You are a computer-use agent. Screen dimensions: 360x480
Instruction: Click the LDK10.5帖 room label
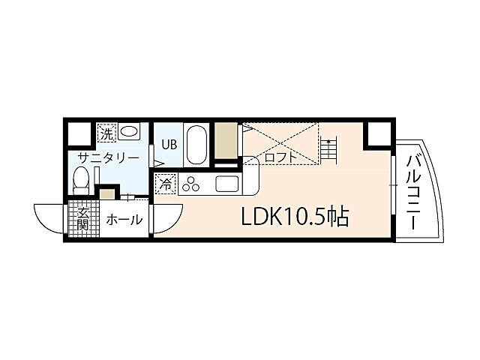point(293,217)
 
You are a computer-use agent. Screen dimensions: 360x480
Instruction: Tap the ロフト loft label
point(279,158)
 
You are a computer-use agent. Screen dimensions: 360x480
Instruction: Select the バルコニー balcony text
point(413,186)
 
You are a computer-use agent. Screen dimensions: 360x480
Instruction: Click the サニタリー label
point(109,158)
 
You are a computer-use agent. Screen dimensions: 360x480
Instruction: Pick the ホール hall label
point(124,220)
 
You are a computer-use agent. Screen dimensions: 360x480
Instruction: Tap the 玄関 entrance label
point(82,218)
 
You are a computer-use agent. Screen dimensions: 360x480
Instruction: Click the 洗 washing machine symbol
point(106,133)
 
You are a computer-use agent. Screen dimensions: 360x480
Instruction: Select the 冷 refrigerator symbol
point(166,183)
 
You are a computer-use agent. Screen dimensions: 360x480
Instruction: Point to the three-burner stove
point(190,184)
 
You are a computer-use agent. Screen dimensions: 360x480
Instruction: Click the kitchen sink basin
point(226,184)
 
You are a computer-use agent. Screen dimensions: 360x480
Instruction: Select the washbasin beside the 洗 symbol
point(129,133)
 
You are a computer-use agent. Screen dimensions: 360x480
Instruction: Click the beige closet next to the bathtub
point(225,139)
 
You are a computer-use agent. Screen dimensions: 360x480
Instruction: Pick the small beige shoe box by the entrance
point(108,195)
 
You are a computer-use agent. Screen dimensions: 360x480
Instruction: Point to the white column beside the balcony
point(378,135)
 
